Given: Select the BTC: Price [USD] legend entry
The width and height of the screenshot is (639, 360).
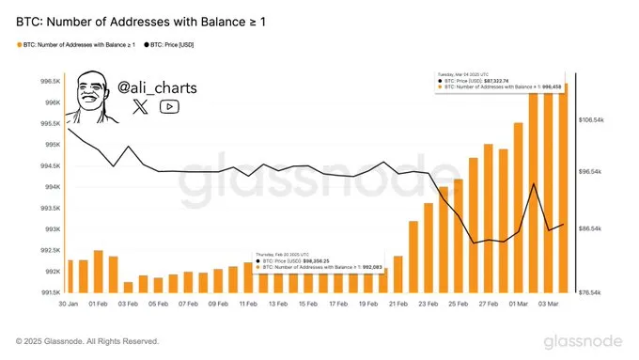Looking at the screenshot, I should [179, 44].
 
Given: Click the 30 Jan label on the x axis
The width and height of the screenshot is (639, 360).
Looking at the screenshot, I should [69, 305].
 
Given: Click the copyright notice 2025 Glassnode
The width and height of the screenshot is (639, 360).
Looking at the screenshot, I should [87, 340].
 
